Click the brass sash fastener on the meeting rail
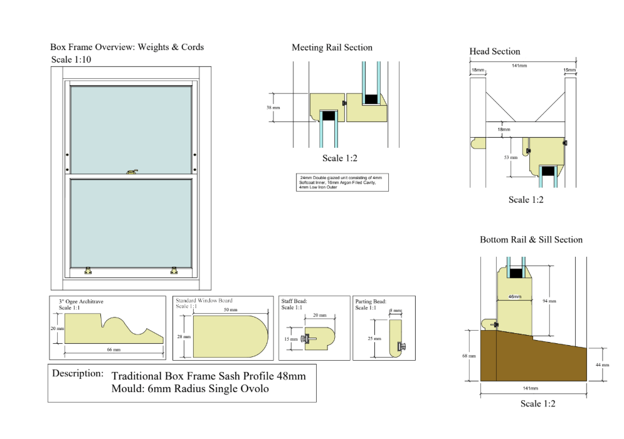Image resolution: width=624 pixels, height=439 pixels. coord(132,170)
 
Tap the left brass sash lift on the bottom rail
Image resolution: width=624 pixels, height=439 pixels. coord(88,271)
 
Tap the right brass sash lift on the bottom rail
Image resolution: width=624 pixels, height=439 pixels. coord(174,271)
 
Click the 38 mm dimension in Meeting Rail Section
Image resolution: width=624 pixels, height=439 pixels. coord(273,107)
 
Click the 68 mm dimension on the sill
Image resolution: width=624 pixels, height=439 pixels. coord(472,356)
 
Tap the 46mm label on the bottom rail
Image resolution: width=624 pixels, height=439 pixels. coord(514,296)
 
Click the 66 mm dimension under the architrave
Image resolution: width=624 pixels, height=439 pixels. coord(113,350)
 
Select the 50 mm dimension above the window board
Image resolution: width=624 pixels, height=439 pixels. coord(231,310)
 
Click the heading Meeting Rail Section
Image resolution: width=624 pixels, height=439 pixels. coord(332,48)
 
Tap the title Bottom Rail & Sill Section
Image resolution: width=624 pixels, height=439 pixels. coord(531,240)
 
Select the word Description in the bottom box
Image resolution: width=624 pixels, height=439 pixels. coord(78,373)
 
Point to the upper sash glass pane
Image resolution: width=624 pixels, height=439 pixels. coord(131,129)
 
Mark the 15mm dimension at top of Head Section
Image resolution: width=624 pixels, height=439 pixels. coord(569,70)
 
